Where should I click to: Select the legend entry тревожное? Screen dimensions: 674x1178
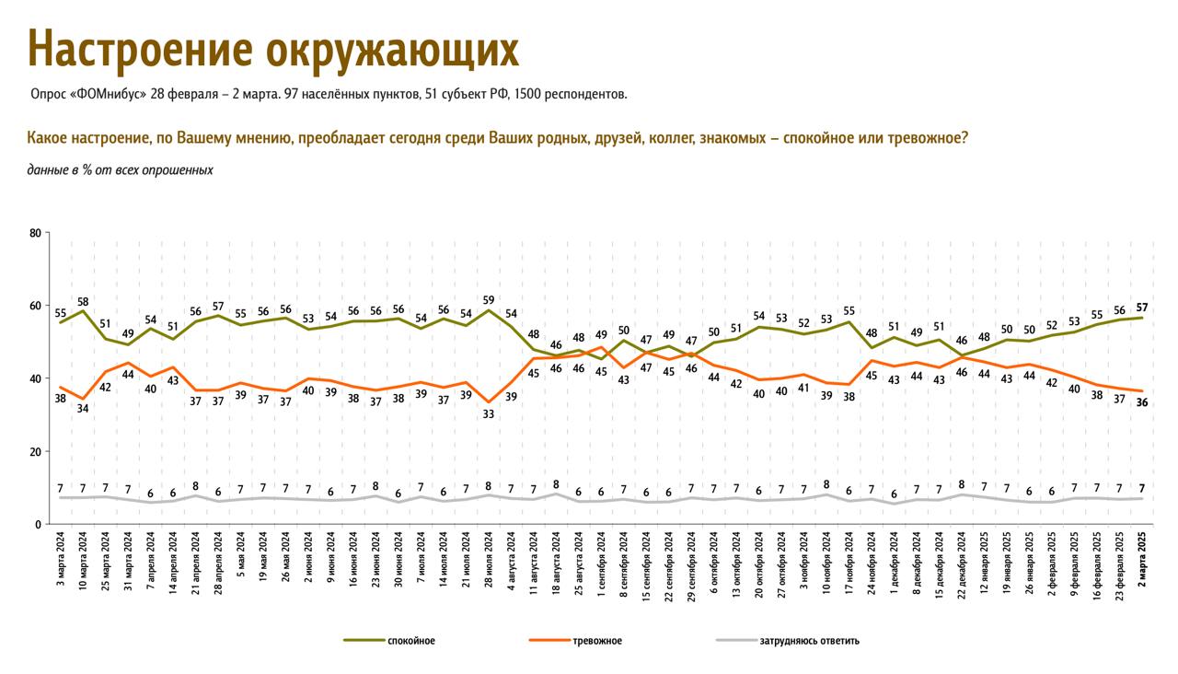point(596,641)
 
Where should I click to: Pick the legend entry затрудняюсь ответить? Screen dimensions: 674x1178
point(810,641)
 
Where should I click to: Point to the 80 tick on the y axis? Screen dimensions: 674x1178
point(35,233)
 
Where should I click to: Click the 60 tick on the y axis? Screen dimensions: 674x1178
point(35,306)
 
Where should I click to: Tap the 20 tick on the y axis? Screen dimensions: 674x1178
point(35,452)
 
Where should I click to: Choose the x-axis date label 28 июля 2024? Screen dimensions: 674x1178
point(489,564)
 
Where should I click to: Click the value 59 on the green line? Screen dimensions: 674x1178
point(489,299)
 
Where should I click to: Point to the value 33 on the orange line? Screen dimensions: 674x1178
point(489,414)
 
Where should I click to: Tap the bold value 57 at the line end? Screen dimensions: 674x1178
point(1142,307)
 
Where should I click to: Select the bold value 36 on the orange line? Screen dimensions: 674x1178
point(1142,403)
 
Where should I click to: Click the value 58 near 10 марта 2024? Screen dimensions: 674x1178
point(83,301)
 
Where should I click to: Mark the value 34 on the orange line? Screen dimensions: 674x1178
point(83,410)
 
